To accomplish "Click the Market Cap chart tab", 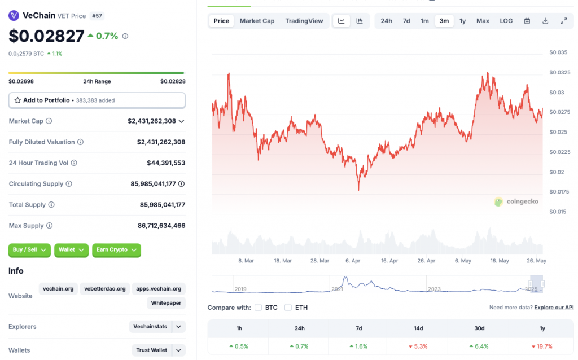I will tap(257, 21).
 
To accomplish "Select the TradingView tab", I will tap(304, 21).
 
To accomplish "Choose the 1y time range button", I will tap(462, 21).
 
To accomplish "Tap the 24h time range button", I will tap(386, 21).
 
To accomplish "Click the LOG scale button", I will tap(506, 21).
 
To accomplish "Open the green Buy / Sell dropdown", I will tap(29, 250).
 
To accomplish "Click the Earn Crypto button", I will tap(116, 250).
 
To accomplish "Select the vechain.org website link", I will tap(58, 288).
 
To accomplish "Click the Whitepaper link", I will tap(166, 303).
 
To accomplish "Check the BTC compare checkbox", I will tap(259, 308).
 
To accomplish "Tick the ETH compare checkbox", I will tap(288, 308).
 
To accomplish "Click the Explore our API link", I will tap(554, 308).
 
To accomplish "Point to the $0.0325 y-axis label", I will tap(559, 73).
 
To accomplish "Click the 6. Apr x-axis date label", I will tap(352, 261).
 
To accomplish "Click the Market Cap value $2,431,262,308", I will tap(152, 121).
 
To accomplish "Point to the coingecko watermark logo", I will tap(516, 201).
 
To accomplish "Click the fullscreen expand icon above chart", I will tap(563, 21).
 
